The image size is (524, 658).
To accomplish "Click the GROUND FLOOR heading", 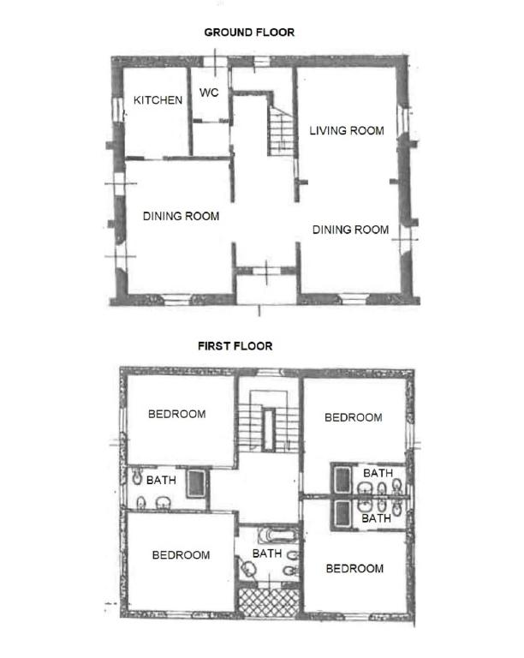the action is point(249,33).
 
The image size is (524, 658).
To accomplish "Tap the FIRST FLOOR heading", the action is point(235,346).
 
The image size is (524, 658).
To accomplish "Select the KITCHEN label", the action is point(158,100).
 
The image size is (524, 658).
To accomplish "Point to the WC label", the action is point(209,93).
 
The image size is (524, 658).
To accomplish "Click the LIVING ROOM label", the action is point(347,130).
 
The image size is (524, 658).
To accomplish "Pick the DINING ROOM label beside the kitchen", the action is point(182,216).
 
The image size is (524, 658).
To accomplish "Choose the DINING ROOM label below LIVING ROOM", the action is point(350,230).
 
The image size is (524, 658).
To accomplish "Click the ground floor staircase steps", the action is point(282,131).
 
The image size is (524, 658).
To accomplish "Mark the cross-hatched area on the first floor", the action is point(269,602).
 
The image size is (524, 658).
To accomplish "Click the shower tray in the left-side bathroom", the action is point(196,483).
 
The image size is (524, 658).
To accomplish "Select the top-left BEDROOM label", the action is point(177,414).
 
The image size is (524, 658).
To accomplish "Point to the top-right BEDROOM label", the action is point(354,417).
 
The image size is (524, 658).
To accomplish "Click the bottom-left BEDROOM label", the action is point(182,555).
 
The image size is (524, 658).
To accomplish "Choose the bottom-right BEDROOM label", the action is point(354,569).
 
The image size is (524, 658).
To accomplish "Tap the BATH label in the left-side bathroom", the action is point(161,480).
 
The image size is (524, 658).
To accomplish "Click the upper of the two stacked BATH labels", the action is point(378,473).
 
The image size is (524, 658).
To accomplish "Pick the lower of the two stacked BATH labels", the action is point(377,518).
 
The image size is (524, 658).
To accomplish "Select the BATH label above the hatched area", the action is point(267,554).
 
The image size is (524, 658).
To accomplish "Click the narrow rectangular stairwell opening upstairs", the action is point(268,429).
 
